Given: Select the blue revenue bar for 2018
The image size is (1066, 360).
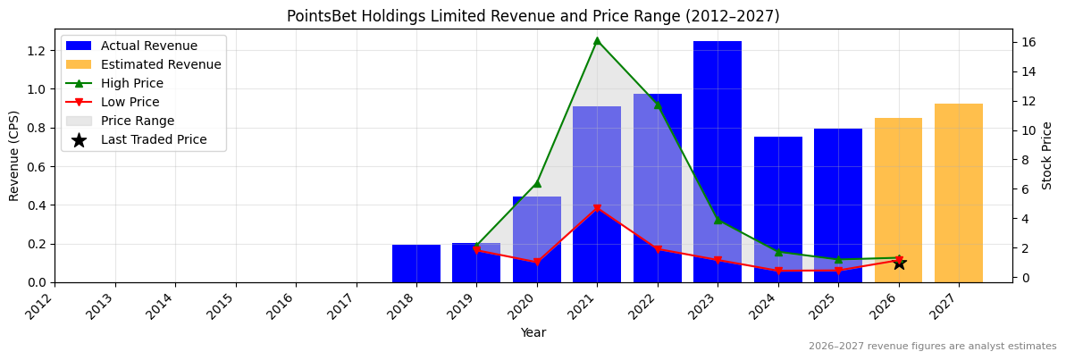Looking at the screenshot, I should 416,264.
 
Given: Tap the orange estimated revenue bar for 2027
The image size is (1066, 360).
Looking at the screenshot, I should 959,193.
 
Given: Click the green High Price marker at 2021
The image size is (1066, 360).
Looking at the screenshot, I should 597,40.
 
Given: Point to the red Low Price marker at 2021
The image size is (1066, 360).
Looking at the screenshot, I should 597,209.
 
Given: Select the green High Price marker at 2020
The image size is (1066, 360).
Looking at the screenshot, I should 537,183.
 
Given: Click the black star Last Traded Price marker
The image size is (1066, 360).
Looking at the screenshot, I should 899,264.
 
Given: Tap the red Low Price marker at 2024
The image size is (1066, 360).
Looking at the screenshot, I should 778,271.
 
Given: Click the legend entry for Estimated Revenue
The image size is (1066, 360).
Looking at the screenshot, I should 161,64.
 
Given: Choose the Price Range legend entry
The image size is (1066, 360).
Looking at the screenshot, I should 138,121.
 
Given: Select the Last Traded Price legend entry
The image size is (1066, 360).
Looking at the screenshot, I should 154,139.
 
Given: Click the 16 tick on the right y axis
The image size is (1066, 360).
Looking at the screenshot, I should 1028,42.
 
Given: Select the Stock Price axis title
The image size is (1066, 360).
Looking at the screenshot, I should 1047,155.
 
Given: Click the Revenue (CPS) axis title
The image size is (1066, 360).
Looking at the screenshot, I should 14,155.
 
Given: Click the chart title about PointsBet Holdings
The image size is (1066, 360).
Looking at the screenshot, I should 533,16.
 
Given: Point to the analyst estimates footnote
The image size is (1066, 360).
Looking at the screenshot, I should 932,347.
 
